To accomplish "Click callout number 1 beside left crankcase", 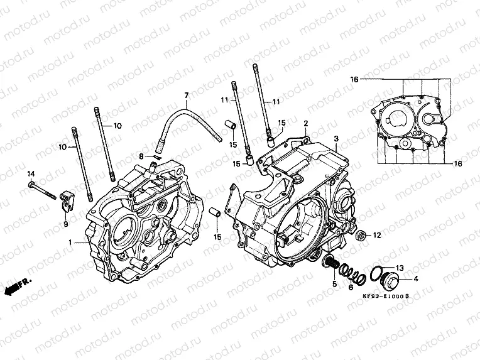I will (x=70, y=242).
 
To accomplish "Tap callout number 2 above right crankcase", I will (x=306, y=124).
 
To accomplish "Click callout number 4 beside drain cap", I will (x=415, y=278).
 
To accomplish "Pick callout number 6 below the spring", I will (x=351, y=287).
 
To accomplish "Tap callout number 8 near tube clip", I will (x=142, y=156).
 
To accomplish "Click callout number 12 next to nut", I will (x=377, y=236).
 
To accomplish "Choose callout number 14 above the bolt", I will (x=30, y=173).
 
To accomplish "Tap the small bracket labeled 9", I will (x=68, y=200).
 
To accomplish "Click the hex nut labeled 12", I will (x=361, y=237).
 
